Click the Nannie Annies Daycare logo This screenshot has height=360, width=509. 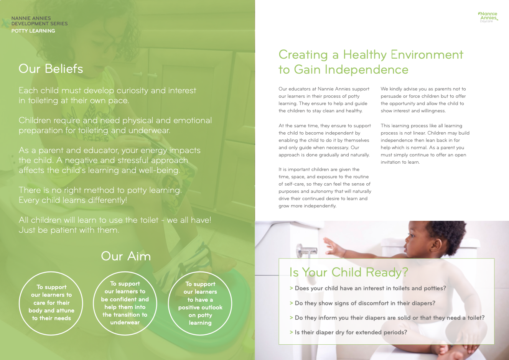tap(488, 17)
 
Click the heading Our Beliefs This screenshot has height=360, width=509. tap(51, 69)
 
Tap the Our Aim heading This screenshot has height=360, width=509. tap(126, 256)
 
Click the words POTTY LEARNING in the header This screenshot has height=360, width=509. tap(33, 31)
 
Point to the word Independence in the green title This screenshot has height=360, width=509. tap(366, 69)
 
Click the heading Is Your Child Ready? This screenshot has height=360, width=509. tap(349, 272)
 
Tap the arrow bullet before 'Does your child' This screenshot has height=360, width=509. tap(291, 288)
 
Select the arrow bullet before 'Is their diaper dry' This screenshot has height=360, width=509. tap(291, 332)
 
